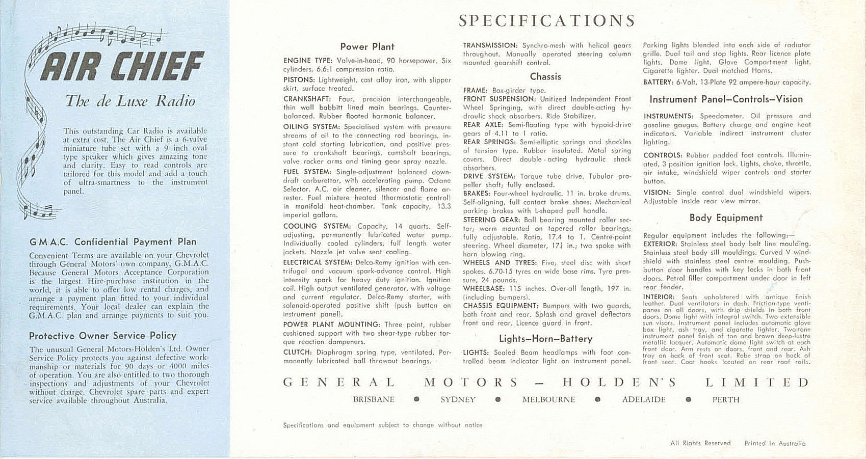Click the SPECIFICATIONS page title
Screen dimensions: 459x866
point(546,21)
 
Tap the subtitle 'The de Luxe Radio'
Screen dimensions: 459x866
point(130,101)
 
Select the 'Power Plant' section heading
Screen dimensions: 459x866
point(367,47)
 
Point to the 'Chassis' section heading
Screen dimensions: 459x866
point(545,77)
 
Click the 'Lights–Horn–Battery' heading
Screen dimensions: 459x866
point(545,339)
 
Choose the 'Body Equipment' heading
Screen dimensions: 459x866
point(726,218)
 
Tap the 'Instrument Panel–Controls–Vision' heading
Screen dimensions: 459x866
point(726,99)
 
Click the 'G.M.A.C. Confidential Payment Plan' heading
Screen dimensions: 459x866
point(113,242)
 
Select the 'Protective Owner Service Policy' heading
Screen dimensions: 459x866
point(102,336)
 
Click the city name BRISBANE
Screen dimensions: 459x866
point(374,400)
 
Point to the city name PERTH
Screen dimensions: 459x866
point(726,400)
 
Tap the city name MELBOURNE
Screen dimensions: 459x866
point(548,400)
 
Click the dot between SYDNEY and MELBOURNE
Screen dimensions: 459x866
point(498,400)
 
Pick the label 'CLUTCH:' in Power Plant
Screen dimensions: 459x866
point(297,353)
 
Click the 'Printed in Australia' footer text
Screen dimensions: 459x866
point(775,443)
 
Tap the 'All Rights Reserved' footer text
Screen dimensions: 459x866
point(700,443)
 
